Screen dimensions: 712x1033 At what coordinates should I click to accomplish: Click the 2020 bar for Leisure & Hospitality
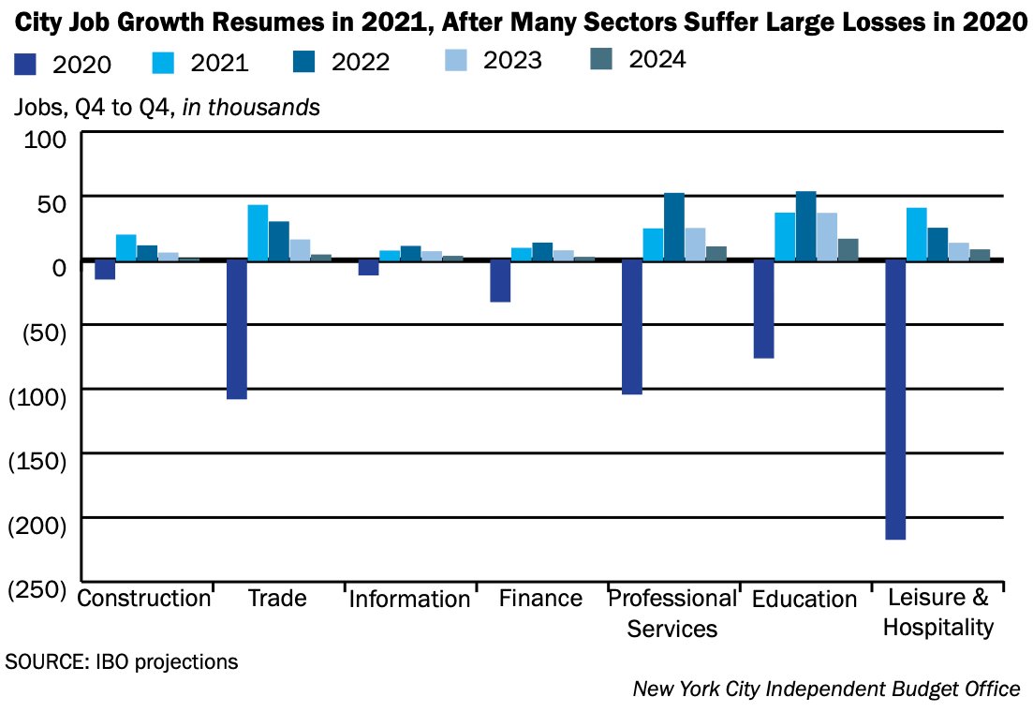[x=895, y=399]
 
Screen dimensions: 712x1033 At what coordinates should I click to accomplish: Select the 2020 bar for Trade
[x=236, y=329]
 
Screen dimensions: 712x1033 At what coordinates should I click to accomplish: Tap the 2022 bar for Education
[x=805, y=226]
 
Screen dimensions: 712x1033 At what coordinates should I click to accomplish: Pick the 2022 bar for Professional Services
[x=674, y=227]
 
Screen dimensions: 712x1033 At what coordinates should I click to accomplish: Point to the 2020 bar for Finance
[x=500, y=281]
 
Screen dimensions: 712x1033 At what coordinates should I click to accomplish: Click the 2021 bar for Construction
[x=126, y=247]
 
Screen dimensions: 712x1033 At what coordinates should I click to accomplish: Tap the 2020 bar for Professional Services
[x=632, y=327]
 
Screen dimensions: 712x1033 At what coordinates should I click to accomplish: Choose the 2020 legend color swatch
[x=25, y=64]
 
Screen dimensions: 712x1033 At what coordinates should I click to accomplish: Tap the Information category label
[x=409, y=600]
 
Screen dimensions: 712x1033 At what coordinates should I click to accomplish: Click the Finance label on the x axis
[x=540, y=599]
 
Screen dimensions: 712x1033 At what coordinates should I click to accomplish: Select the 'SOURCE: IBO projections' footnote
[x=122, y=661]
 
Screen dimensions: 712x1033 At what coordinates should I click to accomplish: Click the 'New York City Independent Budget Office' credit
[x=826, y=690]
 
